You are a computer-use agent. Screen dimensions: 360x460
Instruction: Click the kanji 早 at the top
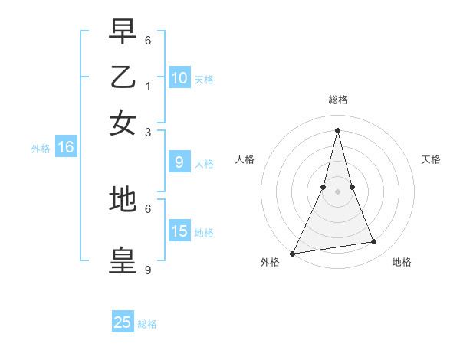pos(123,33)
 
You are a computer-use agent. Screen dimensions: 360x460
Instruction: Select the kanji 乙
pos(123,78)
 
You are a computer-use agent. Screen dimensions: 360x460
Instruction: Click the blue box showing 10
pos(179,77)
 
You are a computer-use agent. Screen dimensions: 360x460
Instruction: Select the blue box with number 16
pos(65,147)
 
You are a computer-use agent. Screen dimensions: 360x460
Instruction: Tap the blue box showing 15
pos(179,231)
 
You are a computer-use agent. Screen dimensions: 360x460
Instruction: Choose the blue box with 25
pos(123,322)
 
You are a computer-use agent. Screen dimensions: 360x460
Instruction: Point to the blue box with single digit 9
pos(179,162)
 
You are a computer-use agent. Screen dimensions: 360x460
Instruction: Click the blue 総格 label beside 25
pos(147,324)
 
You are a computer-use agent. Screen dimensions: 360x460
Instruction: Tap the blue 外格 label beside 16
pos(40,149)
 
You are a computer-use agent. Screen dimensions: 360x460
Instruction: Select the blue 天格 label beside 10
pos(204,79)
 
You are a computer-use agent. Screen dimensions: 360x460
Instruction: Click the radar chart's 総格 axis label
pos(337,100)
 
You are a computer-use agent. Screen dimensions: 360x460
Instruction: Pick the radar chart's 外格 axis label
pos(270,262)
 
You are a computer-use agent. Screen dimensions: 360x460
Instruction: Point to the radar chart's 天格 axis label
pos(431,159)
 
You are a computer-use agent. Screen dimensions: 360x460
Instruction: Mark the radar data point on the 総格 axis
pos(337,129)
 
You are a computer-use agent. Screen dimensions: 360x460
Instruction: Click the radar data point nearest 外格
pos(292,254)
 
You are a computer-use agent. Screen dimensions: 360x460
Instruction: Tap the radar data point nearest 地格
pos(374,242)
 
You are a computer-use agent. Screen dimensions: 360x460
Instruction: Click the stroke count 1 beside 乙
pos(147,86)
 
